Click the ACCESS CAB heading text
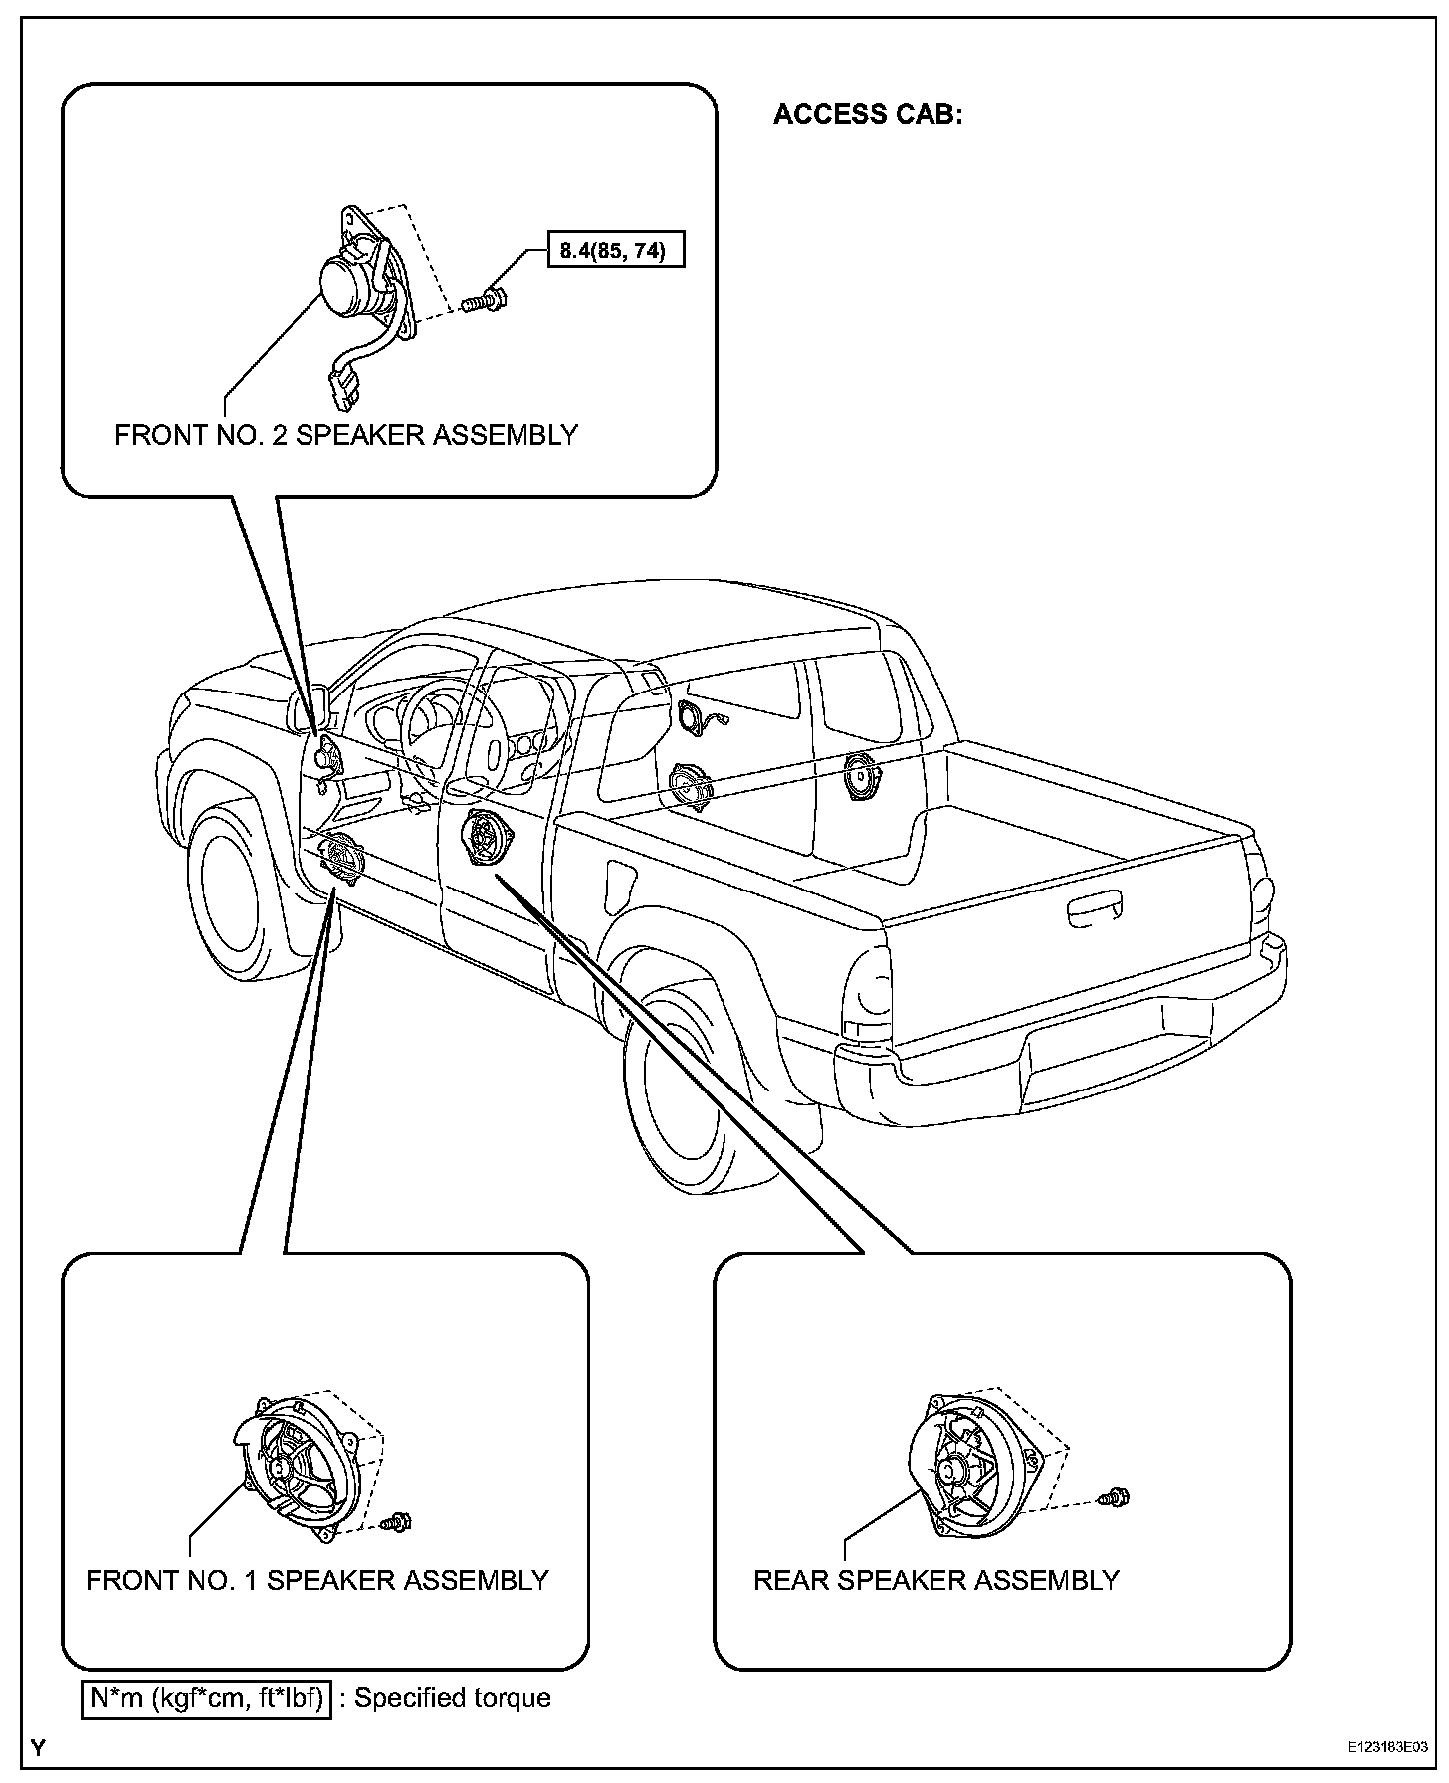click(x=868, y=115)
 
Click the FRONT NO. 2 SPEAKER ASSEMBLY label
click(x=345, y=436)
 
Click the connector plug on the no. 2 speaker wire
click(x=339, y=388)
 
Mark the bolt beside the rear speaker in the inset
click(x=1115, y=1495)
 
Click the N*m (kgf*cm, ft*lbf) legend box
click(x=206, y=1698)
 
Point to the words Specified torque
click(x=453, y=1698)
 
